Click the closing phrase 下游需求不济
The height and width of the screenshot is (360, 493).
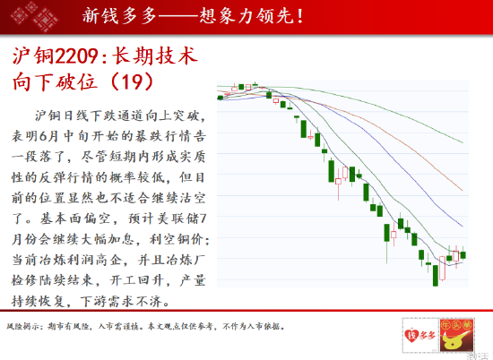coord(121,301)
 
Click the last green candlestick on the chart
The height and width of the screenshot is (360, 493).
coord(463,254)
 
